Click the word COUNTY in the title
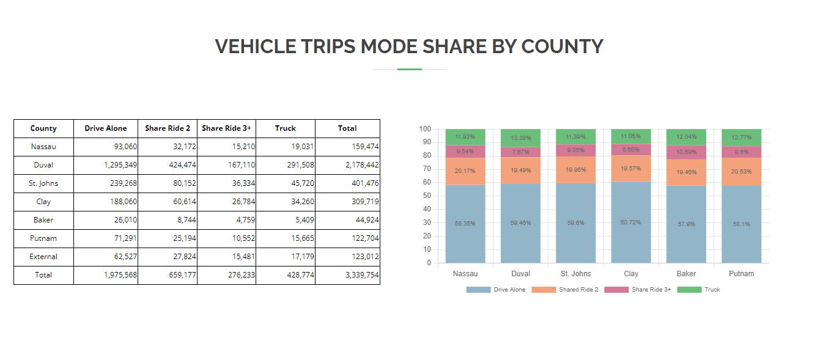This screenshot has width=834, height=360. [562, 46]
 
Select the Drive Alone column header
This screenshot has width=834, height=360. [106, 128]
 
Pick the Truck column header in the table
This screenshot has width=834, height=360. [286, 128]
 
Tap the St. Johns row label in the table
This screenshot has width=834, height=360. [43, 183]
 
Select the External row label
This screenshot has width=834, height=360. [43, 257]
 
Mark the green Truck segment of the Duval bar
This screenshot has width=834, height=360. [520, 138]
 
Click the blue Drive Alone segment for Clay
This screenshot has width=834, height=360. [631, 222]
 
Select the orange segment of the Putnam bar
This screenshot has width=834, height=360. [741, 172]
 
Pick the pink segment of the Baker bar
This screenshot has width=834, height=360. [686, 152]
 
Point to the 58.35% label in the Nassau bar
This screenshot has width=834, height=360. [465, 224]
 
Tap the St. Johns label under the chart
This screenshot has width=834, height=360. [576, 274]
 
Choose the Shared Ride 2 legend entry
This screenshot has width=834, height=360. [565, 290]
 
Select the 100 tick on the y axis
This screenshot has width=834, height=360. [425, 129]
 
